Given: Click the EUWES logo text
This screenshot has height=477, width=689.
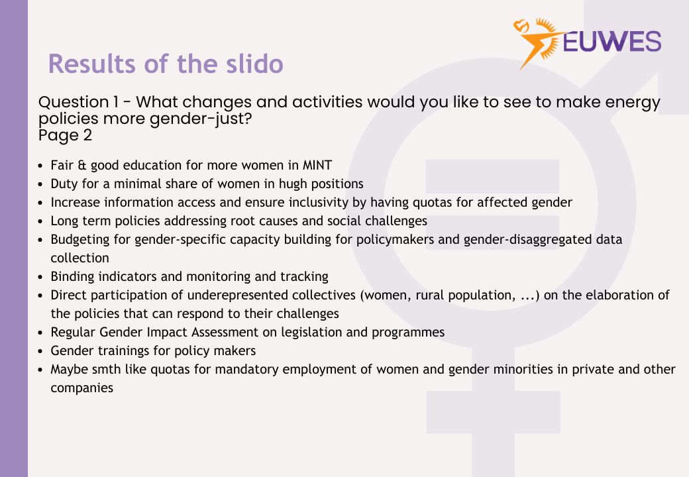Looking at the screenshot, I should (611, 42).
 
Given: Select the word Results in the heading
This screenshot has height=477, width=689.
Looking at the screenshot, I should (91, 64).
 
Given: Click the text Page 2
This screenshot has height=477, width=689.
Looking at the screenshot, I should (65, 136).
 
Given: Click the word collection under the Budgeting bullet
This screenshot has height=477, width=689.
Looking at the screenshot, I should (79, 258).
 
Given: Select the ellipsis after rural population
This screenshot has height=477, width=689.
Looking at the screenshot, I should (524, 295).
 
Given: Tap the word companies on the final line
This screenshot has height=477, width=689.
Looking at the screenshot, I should (81, 388).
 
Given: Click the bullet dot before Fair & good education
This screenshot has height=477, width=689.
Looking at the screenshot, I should (41, 166).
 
